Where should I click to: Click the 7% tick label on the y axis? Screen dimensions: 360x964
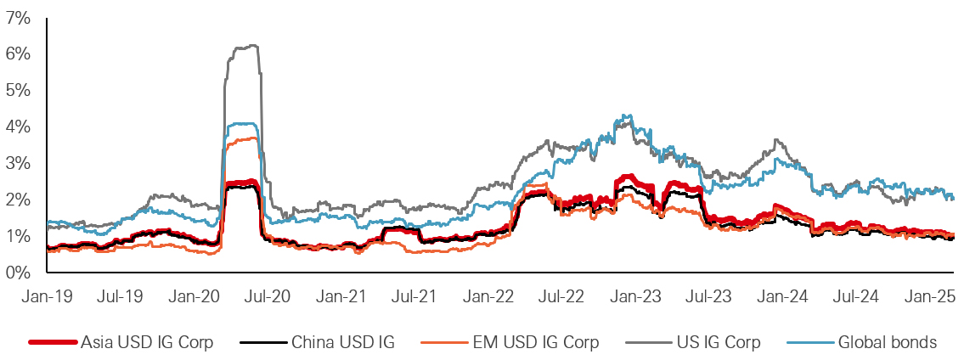19,17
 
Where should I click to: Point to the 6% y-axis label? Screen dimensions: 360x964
19,53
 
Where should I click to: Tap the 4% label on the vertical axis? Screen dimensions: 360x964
19,127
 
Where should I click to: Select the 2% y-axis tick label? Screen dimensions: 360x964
19,200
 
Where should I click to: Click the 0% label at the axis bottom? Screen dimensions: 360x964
19,273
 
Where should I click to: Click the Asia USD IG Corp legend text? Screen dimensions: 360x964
147,343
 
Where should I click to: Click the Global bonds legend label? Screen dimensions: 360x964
887,343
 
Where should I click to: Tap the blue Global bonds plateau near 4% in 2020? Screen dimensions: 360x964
242,124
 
